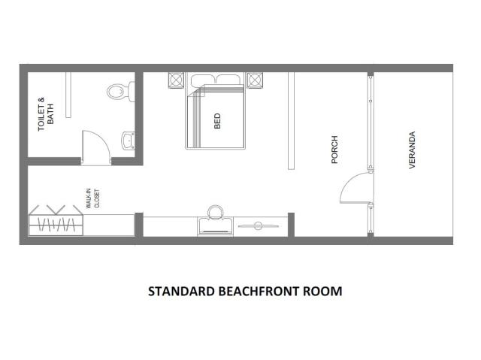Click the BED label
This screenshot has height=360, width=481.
(217, 121)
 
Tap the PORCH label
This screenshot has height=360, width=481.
(334, 150)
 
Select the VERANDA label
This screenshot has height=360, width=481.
(412, 150)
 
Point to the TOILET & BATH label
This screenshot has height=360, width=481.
(46, 114)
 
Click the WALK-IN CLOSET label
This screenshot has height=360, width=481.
(92, 198)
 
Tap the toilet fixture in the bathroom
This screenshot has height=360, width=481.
(121, 91)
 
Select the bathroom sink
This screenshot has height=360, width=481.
(129, 141)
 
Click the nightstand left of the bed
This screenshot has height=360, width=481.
(176, 80)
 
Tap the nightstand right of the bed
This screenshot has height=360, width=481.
(255, 80)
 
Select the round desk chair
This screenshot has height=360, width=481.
(216, 213)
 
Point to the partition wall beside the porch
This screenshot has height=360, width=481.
(291, 121)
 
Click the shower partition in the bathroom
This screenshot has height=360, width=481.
(68, 95)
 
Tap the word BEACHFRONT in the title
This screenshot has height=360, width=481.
(260, 291)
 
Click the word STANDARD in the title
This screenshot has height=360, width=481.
(182, 291)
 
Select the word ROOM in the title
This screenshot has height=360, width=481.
(323, 291)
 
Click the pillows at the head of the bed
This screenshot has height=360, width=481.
(216, 80)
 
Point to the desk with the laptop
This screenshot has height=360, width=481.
(216, 226)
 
